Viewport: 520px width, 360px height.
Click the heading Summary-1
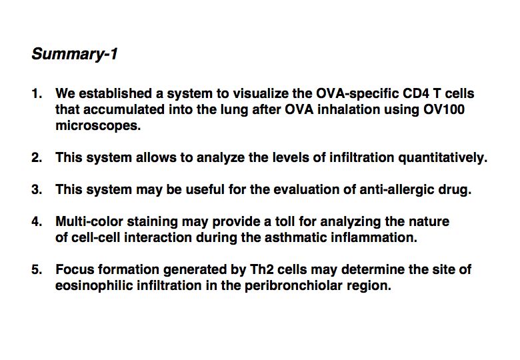tap(75, 54)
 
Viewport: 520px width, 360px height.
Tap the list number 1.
tap(37, 94)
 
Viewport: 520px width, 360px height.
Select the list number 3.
tap(37, 189)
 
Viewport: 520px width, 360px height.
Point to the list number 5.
tap(37, 269)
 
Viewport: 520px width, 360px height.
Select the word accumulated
tap(124, 110)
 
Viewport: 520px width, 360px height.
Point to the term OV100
tap(443, 110)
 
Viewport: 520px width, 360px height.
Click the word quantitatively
tap(443, 158)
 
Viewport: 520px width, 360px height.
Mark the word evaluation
tap(309, 189)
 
